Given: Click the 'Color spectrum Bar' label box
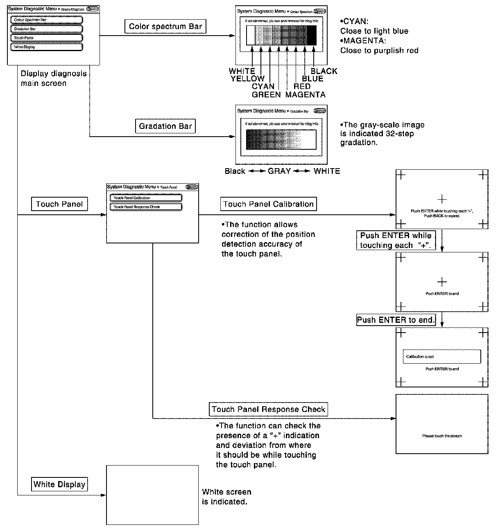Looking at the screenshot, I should [x=165, y=27].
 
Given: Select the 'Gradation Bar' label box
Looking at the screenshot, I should [x=165, y=126].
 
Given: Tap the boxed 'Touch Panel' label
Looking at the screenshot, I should [x=59, y=204].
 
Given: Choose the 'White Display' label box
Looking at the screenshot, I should [x=59, y=484].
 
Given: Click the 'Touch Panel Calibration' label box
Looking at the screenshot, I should [x=269, y=204].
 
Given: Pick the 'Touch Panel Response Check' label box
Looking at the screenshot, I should [x=269, y=409].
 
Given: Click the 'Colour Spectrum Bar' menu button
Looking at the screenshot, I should [x=46, y=20].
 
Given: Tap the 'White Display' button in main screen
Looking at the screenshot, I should [x=46, y=47].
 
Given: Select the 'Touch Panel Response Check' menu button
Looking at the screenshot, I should [x=146, y=207].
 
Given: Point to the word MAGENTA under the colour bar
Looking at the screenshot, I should [x=306, y=95].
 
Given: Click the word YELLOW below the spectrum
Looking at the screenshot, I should [x=247, y=79].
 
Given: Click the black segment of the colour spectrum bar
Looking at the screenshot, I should [x=312, y=35].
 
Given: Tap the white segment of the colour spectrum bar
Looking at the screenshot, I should [x=251, y=35].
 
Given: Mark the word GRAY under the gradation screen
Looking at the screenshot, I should [x=279, y=171].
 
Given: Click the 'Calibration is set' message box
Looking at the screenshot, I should [x=441, y=357].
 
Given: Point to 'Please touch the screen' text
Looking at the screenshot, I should [x=442, y=436].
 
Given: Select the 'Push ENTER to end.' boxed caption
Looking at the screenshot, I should [x=396, y=320].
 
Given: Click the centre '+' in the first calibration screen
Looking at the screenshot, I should [x=442, y=199].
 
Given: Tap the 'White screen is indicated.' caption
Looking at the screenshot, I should [x=226, y=497].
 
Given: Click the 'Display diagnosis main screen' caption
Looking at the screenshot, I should [x=54, y=79].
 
